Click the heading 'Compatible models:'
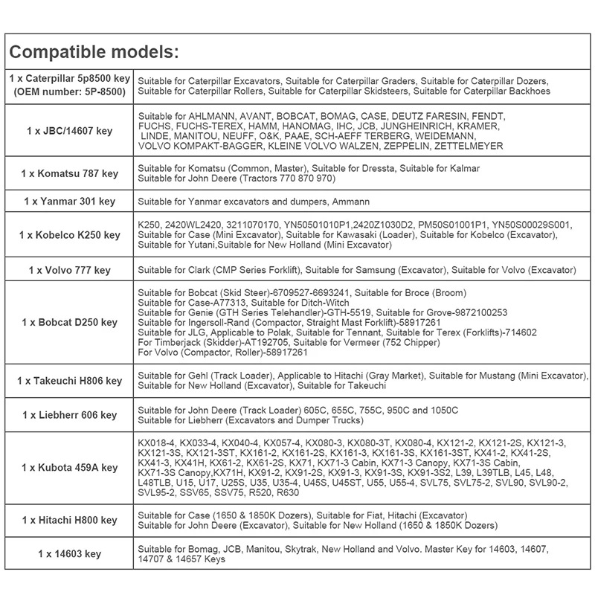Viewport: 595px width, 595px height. click(94, 54)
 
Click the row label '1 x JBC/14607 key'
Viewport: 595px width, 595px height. click(68, 131)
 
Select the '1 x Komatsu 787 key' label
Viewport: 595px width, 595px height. click(68, 174)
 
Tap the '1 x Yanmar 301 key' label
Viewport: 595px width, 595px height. click(68, 201)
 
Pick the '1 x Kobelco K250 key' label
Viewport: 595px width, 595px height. click(68, 235)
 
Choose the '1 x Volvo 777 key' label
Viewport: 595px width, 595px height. click(68, 268)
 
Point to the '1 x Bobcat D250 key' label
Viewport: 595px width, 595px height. click(68, 322)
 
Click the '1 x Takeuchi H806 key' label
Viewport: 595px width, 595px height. click(68, 381)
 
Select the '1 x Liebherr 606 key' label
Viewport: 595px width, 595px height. click(68, 414)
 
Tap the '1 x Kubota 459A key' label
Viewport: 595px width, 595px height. click(68, 468)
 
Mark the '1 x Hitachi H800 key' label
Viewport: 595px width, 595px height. click(68, 520)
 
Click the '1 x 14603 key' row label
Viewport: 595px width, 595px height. click(68, 554)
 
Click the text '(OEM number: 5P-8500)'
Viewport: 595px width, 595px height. click(69, 91)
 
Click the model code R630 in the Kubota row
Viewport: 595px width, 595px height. click(287, 492)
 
